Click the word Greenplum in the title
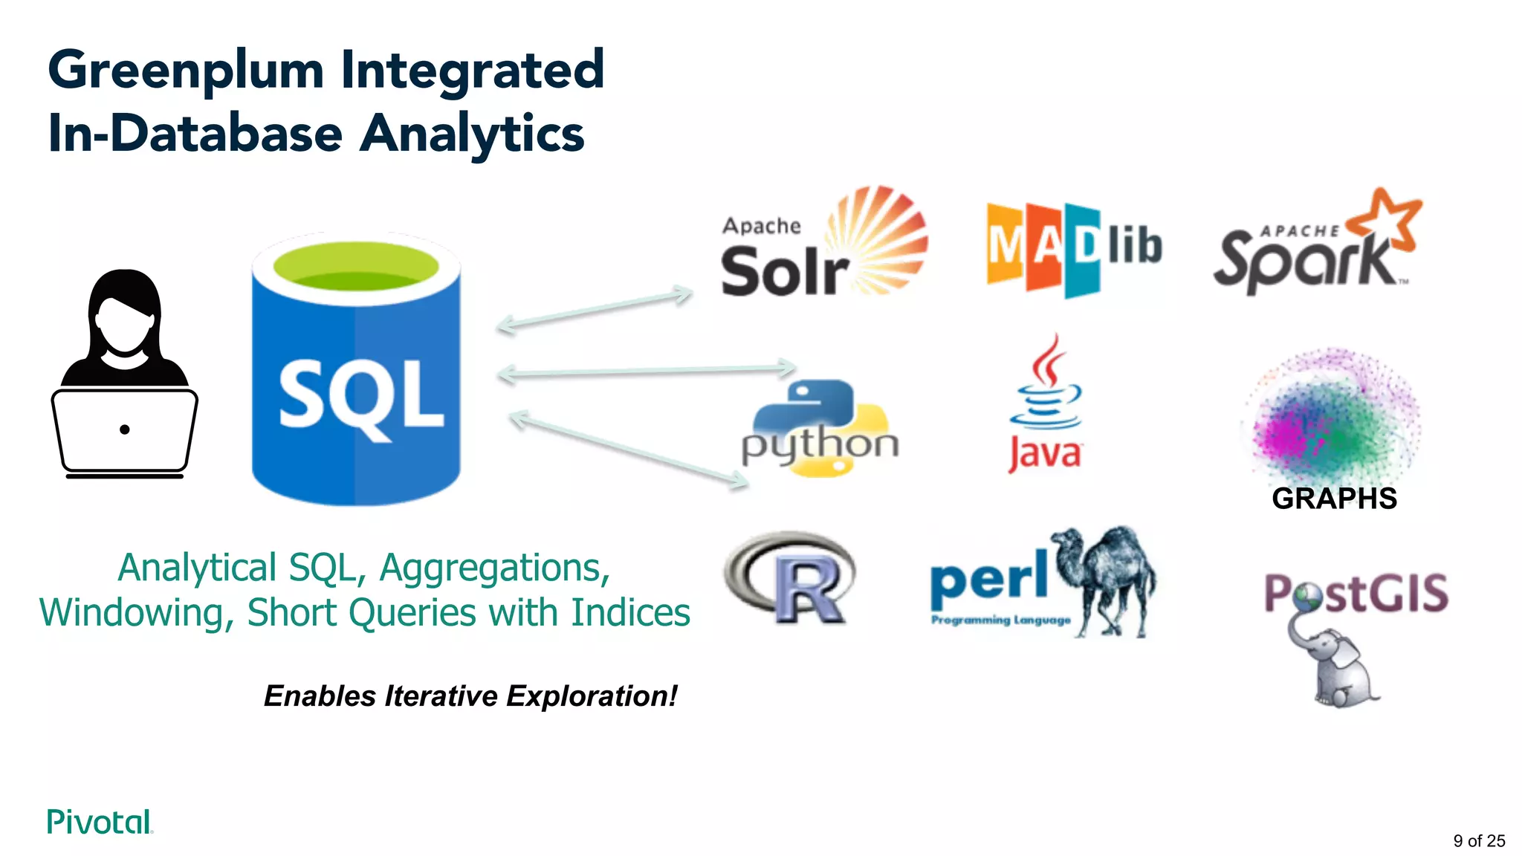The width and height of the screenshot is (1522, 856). (186, 71)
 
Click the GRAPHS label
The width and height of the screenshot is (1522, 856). (1334, 499)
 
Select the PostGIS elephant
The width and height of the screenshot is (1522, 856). (1338, 669)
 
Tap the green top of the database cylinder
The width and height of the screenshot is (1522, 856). (356, 267)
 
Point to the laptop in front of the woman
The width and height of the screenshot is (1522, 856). (124, 431)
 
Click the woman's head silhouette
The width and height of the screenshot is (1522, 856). (124, 316)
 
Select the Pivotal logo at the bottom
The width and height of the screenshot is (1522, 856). (100, 822)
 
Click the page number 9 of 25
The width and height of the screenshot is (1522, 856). (1478, 840)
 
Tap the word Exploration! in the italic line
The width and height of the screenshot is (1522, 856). (592, 696)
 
